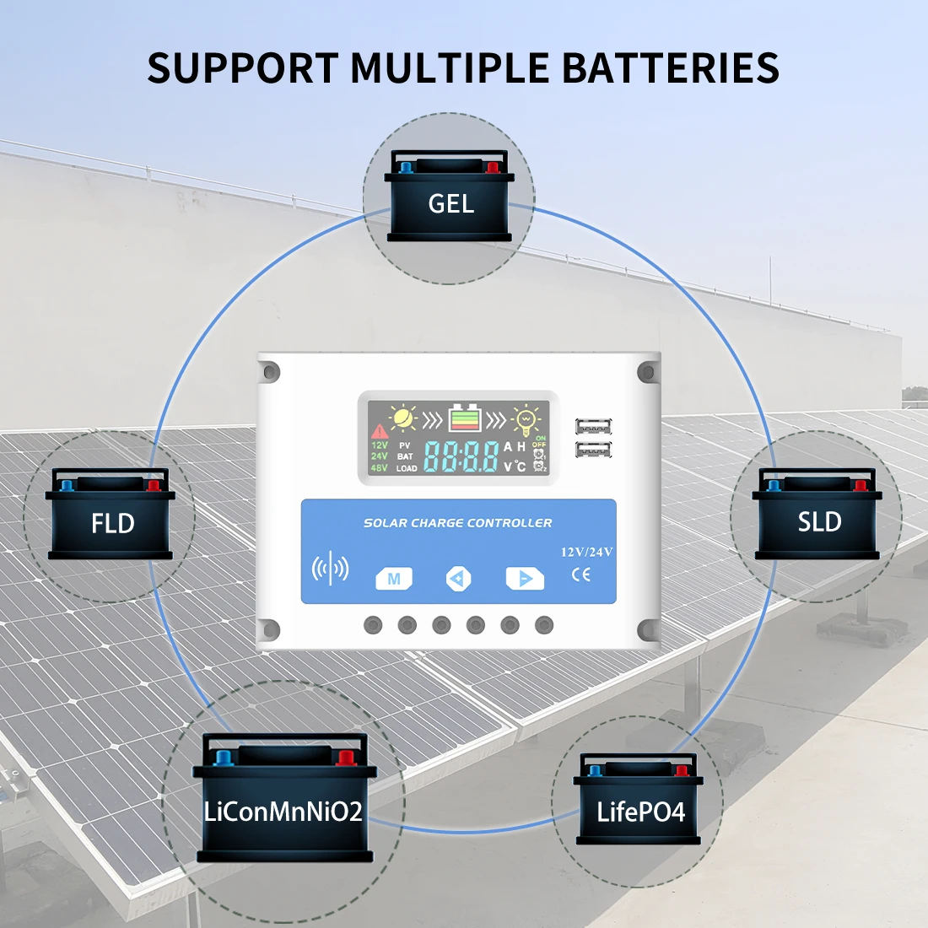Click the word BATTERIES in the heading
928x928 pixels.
click(x=671, y=67)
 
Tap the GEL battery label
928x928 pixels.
click(x=451, y=203)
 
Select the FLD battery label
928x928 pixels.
click(x=112, y=524)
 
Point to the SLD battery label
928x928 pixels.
click(x=819, y=522)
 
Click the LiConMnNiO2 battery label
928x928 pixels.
click(x=283, y=812)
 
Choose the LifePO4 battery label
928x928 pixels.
click(x=640, y=812)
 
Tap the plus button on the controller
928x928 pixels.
click(x=525, y=578)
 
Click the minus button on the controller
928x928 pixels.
click(x=458, y=578)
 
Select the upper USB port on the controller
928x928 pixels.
click(x=593, y=427)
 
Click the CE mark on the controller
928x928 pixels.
click(x=581, y=575)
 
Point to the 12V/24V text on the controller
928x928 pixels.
click(x=586, y=552)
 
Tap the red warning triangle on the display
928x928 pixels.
click(x=379, y=432)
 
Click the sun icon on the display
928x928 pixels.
click(x=403, y=418)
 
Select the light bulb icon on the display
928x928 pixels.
click(x=526, y=418)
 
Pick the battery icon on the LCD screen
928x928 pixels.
click(x=465, y=417)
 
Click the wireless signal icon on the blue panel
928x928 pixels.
click(x=330, y=569)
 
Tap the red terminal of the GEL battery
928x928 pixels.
click(x=493, y=167)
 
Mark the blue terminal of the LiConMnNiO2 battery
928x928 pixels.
click(x=224, y=758)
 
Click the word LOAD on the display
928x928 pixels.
click(x=407, y=468)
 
